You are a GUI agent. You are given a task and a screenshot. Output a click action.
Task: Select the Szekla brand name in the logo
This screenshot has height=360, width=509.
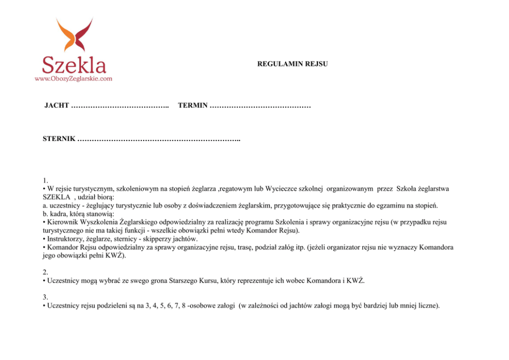coord(74,65)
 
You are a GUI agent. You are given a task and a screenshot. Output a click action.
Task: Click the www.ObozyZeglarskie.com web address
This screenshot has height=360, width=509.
coord(73,78)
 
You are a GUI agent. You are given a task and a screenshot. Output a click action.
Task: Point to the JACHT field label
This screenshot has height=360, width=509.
coord(56,106)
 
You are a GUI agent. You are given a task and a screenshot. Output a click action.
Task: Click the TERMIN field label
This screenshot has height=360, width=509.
coord(192,106)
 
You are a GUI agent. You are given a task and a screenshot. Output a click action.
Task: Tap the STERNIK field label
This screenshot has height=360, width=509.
coord(60,139)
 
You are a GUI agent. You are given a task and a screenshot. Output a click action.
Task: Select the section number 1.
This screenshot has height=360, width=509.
coord(46,181)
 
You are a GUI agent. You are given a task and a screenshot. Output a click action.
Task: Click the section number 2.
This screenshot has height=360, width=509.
coord(46,272)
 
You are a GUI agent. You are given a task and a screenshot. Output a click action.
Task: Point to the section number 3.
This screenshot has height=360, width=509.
coord(46,297)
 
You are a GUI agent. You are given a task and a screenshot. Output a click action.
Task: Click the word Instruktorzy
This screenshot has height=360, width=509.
coord(66,239)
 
